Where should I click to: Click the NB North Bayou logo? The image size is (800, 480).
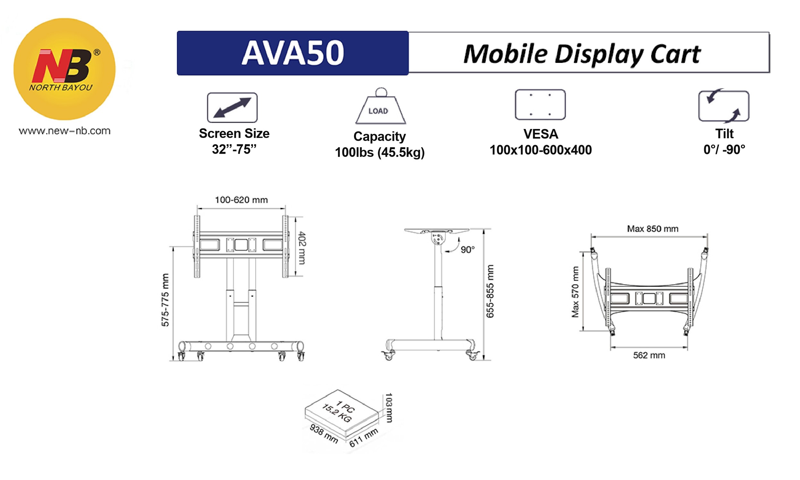[x=64, y=69]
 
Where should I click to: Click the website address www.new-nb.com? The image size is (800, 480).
[x=65, y=131]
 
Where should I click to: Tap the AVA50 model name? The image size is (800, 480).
[x=293, y=53]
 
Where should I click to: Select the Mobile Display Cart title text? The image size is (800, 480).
[x=582, y=54]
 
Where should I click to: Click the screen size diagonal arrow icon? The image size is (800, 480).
[x=232, y=108]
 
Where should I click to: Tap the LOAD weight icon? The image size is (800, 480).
[x=381, y=106]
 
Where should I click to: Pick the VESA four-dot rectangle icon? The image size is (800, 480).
[x=540, y=105]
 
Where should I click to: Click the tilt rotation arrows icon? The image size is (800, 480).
[x=724, y=106]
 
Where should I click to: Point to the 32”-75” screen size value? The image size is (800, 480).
[x=234, y=150]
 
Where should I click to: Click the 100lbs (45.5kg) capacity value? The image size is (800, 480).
[x=379, y=152]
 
